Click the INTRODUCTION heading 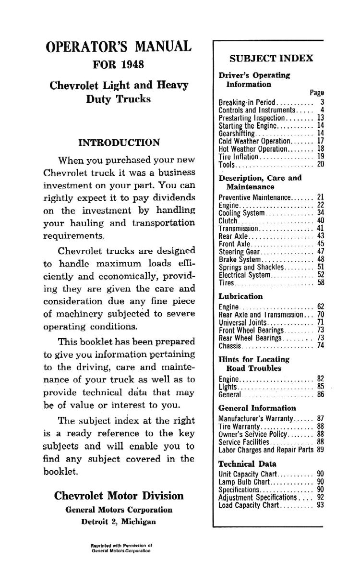pos(119,143)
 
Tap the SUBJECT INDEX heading pos(271,58)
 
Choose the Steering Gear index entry pos(239,251)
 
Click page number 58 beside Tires pos(321,283)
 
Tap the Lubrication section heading pos(240,296)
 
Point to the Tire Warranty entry pos(239,426)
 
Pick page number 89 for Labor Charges pos(321,450)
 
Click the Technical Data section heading pos(247,464)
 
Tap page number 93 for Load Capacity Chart pos(321,505)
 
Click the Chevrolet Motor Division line pos(119,496)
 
